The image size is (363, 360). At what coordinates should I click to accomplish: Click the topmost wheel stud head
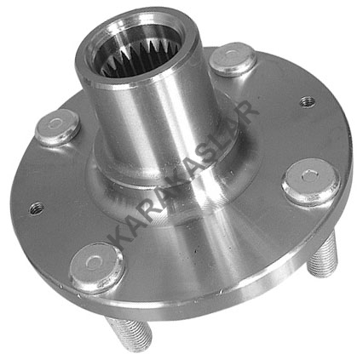pos(233,59)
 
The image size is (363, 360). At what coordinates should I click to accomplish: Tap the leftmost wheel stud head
pos(57,127)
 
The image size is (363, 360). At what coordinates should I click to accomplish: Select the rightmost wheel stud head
pos(311,181)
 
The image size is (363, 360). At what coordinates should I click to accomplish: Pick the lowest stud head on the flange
pos(96,265)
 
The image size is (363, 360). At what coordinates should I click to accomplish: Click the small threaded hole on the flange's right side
pos(308,101)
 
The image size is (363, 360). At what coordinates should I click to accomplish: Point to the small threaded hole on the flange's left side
pos(37,209)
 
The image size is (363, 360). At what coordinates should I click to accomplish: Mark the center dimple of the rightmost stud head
pos(308,176)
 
